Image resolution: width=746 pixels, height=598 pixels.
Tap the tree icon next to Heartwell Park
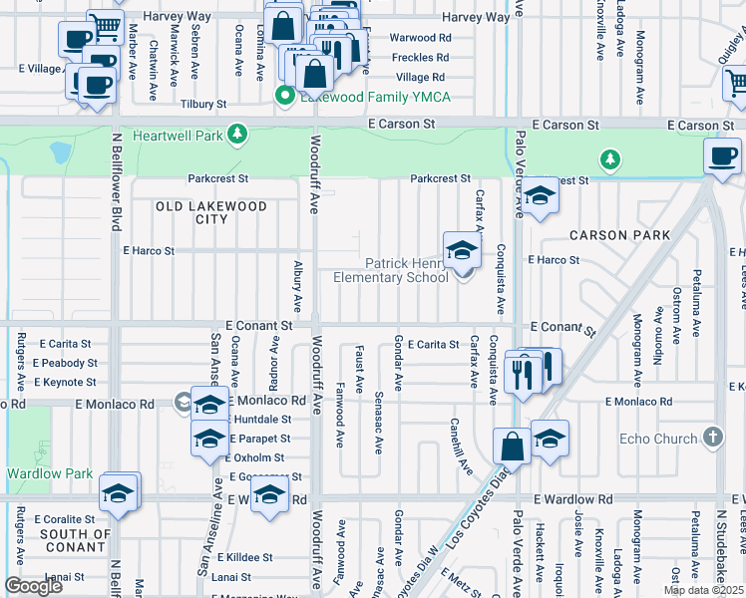point(236,134)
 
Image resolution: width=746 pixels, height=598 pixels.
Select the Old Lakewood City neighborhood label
point(211,212)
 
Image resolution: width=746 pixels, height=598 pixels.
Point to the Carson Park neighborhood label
point(612,235)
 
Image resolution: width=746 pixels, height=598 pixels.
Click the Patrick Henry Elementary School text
point(406,270)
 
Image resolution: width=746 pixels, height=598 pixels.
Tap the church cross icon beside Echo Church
point(712,438)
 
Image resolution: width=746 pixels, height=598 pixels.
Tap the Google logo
point(33,585)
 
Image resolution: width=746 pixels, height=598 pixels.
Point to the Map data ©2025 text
point(702,590)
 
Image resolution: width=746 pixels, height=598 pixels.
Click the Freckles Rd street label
point(419,57)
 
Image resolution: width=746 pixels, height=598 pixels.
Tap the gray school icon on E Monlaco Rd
point(184,403)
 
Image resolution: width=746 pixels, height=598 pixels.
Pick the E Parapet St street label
point(259,439)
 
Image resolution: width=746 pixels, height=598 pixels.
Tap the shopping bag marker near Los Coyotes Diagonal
point(512,446)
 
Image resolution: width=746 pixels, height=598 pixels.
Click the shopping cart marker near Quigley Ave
point(736,87)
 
